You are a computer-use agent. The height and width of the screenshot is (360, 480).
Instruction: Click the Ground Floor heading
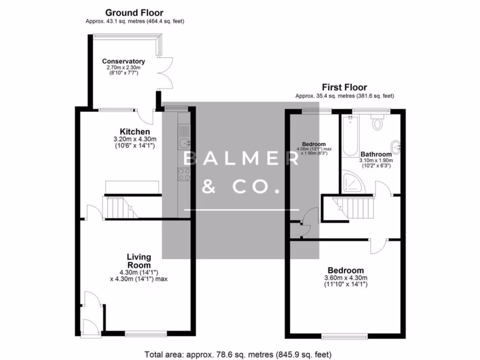134,13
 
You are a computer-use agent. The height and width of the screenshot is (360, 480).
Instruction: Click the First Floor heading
344,87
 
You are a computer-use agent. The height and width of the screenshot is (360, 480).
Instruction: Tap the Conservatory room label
123,61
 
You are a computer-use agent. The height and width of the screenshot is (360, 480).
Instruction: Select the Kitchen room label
135,132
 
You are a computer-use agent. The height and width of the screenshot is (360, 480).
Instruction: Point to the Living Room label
139,261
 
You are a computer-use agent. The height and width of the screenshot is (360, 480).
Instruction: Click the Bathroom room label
376,154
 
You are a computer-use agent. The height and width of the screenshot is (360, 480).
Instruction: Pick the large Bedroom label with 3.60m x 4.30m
345,270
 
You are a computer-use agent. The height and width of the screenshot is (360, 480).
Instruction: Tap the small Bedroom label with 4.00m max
314,144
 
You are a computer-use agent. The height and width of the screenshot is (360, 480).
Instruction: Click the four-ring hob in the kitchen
183,174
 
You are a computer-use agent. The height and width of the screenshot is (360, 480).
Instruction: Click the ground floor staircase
117,207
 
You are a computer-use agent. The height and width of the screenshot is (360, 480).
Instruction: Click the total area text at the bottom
240,354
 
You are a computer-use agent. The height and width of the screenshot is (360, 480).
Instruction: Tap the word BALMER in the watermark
240,159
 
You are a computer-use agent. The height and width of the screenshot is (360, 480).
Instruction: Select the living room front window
146,334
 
